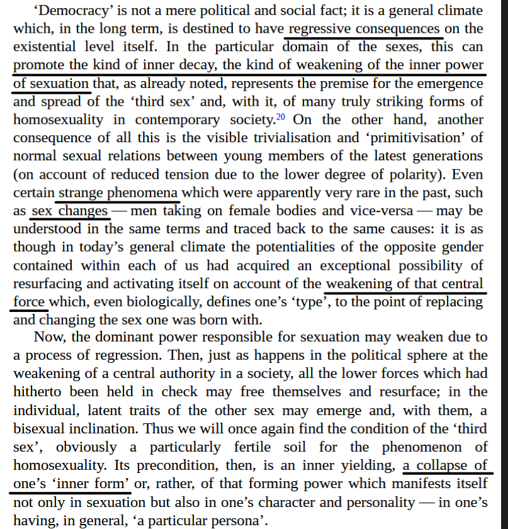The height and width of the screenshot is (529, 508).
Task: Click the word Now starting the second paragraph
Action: (48, 337)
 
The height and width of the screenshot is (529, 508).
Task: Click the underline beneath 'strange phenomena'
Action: (118, 201)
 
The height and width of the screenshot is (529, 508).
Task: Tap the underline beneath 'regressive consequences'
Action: (365, 37)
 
